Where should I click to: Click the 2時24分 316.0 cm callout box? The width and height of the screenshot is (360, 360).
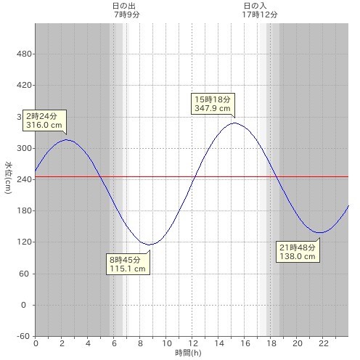(x=44, y=120)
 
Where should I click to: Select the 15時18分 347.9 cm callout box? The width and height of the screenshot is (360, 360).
(x=213, y=104)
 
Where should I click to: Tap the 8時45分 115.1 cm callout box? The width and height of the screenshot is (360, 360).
(x=128, y=264)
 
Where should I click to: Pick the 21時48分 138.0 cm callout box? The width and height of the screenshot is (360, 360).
(x=298, y=252)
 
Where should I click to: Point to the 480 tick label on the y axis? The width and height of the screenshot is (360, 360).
(x=24, y=54)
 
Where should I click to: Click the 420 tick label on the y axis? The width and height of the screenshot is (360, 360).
(x=24, y=85)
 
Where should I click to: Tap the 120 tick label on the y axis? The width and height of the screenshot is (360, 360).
(x=24, y=242)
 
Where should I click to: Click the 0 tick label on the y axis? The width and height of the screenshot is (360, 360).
(x=23, y=305)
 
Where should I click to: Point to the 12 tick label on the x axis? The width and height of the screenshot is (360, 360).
(x=193, y=343)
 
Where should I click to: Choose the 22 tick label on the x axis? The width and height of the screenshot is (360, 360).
(x=324, y=343)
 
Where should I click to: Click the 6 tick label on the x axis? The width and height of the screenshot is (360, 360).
(x=114, y=343)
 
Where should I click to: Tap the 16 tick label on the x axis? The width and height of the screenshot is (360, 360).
(x=245, y=343)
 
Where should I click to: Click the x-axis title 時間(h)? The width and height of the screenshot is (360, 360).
(x=188, y=353)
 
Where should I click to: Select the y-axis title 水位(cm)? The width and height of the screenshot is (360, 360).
(x=8, y=178)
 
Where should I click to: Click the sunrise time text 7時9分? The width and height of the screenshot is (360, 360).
(x=127, y=15)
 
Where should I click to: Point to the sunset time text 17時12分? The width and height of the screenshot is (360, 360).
(x=260, y=15)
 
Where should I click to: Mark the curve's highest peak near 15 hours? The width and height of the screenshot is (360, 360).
(x=234, y=123)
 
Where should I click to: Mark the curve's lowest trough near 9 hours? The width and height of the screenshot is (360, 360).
(x=150, y=245)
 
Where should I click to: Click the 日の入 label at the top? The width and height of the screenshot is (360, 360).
(x=255, y=6)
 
